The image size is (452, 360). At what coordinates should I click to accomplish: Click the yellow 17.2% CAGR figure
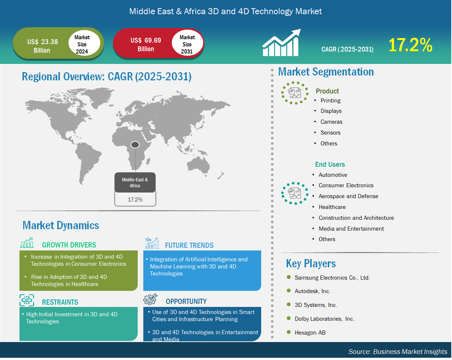[x=410, y=45]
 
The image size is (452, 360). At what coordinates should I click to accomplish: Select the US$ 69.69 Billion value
[x=146, y=44]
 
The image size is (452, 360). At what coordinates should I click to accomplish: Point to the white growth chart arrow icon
[x=282, y=43]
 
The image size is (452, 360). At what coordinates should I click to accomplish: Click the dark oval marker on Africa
[x=135, y=145]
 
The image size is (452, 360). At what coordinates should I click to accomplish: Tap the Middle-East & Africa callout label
[x=135, y=182]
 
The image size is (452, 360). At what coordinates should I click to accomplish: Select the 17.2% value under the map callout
[x=135, y=199]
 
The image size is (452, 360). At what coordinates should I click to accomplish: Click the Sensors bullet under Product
[x=330, y=133]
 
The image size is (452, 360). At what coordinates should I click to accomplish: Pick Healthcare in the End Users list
[x=332, y=207]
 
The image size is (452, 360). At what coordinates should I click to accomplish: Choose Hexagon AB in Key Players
[x=310, y=332]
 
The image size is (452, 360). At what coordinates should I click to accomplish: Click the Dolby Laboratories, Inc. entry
[x=324, y=319]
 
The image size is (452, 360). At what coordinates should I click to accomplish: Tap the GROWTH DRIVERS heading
[x=69, y=245]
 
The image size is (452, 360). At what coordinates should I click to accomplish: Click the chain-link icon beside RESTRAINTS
[x=27, y=300]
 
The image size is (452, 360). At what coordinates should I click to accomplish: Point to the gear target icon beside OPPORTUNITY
[x=150, y=299]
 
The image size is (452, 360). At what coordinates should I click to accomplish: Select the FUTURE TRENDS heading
[x=189, y=245]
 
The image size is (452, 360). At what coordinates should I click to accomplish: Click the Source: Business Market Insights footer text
[x=398, y=351]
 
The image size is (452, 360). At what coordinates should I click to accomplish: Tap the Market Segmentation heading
[x=326, y=71]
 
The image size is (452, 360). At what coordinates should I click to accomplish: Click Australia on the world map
[x=198, y=165]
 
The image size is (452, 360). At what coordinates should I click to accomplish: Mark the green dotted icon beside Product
[x=295, y=93]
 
